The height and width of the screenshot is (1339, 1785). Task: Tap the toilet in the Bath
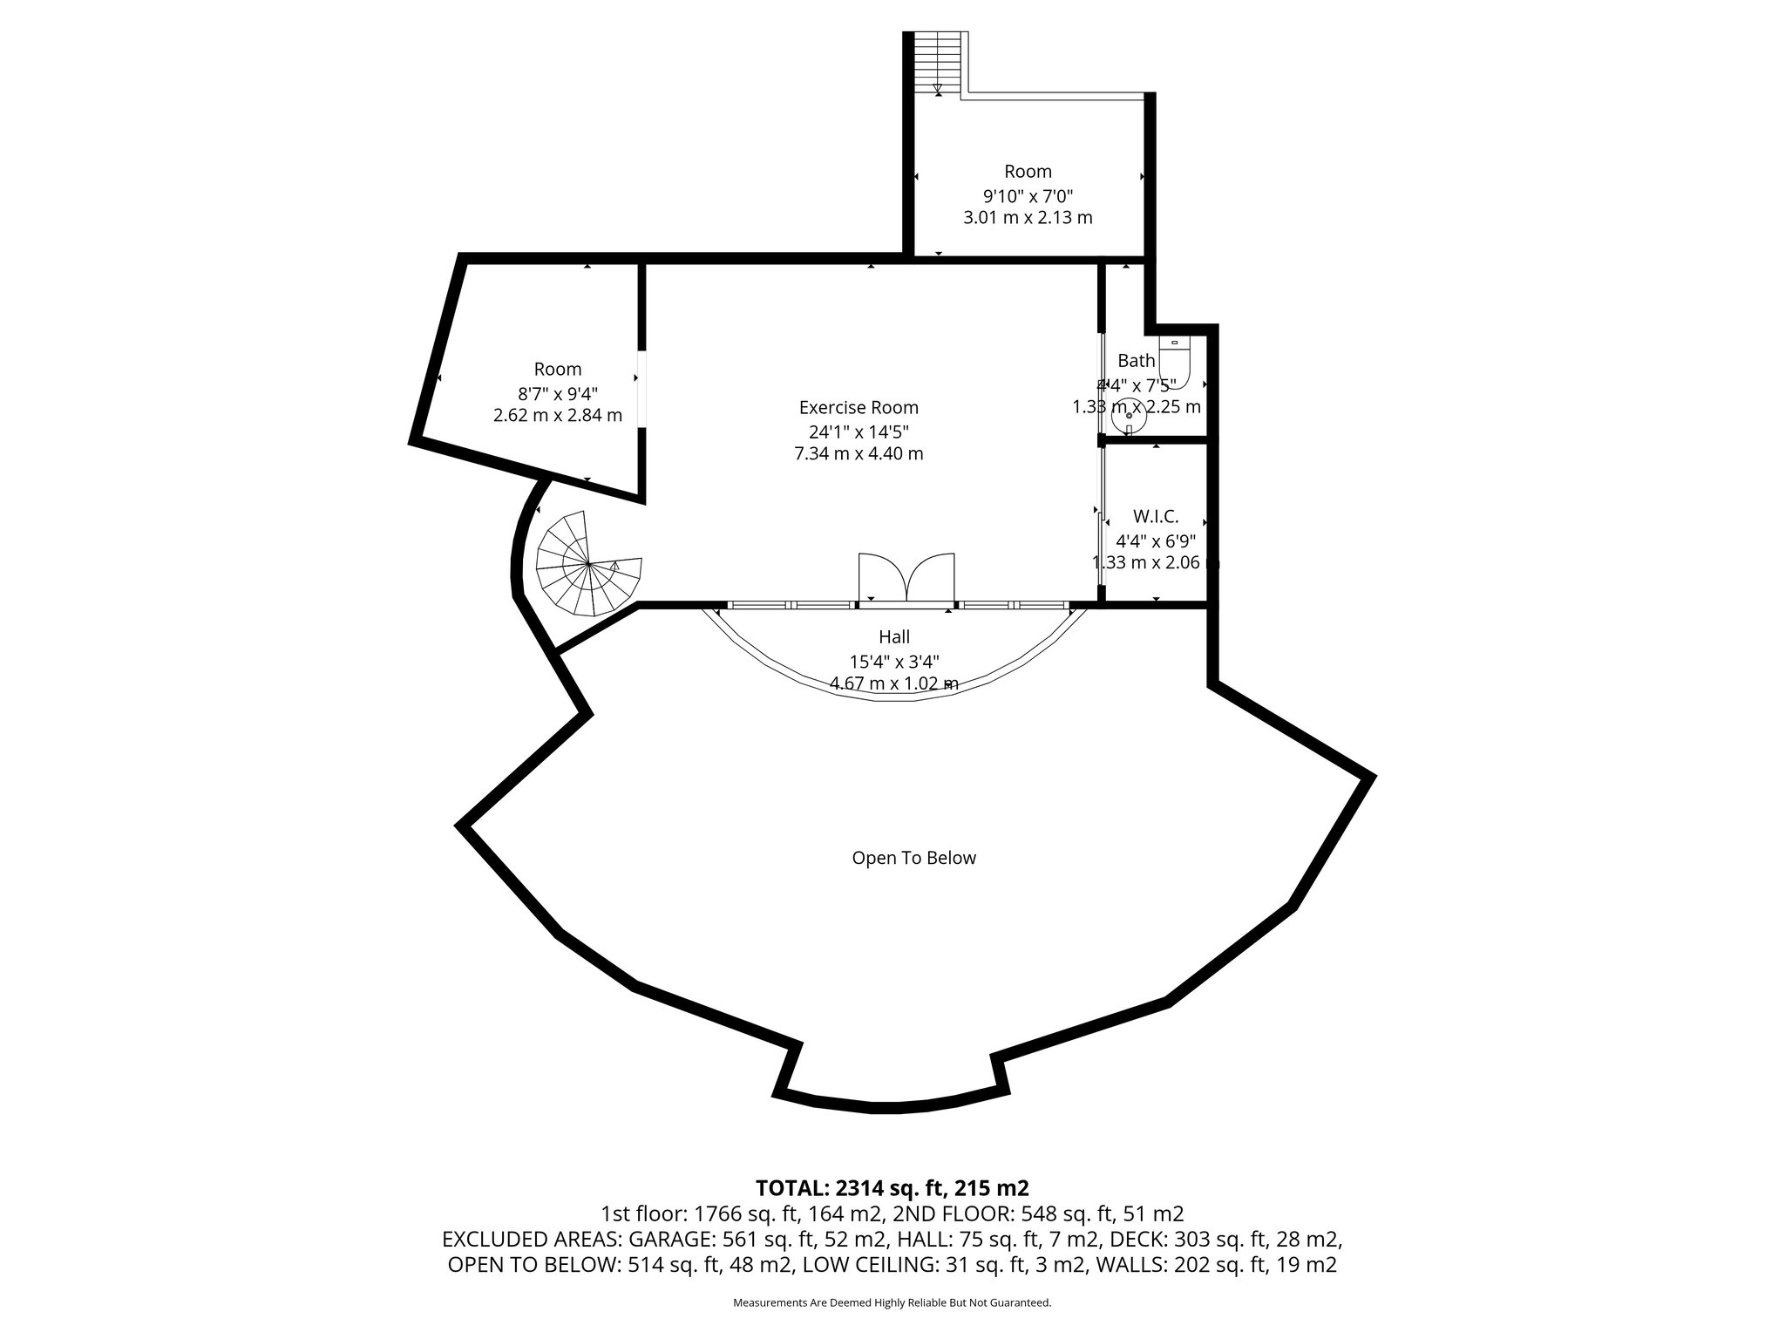point(1174,357)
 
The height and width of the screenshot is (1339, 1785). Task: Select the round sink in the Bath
point(1129,416)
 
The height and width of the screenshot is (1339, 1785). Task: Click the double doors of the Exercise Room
point(906,577)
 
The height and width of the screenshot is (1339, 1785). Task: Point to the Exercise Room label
point(859,407)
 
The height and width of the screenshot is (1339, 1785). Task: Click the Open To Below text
point(913,858)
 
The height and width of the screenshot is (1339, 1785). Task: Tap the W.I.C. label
point(1156,516)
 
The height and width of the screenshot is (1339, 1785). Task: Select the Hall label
point(894,637)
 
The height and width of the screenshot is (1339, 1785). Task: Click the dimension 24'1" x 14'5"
point(859,431)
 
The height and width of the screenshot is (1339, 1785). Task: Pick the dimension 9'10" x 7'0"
point(1028,194)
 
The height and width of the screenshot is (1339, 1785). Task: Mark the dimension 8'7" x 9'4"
point(558,392)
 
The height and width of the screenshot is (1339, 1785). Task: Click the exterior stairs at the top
point(938,63)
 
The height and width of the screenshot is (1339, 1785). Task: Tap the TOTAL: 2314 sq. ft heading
point(892,1187)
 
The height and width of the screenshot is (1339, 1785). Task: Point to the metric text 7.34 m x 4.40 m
point(859,453)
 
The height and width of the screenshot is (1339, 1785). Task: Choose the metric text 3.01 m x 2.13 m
point(1028,217)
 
